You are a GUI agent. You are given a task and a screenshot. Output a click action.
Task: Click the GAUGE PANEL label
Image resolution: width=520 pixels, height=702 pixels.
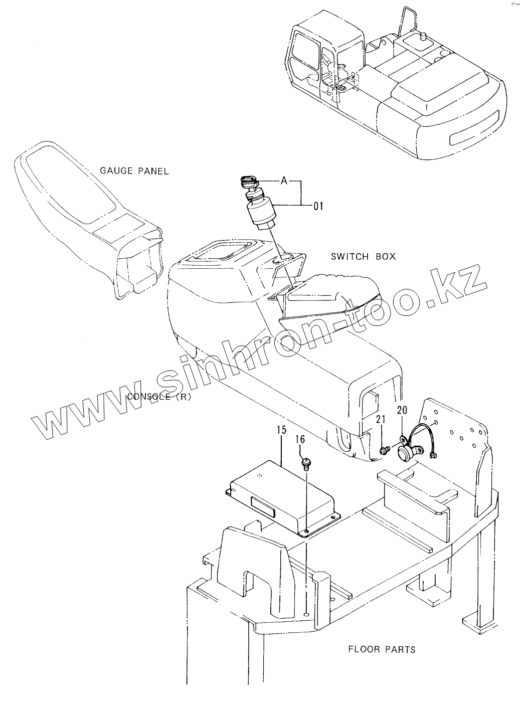coord(134,171)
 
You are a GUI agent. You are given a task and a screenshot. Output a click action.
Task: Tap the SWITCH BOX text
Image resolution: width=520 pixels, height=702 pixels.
coord(363,256)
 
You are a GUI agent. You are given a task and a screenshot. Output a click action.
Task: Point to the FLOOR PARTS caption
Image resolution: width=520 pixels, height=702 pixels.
coord(382,649)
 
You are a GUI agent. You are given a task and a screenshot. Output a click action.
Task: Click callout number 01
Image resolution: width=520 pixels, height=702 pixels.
coord(318,205)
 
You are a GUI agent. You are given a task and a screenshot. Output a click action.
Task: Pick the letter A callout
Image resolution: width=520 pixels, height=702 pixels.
coord(284,181)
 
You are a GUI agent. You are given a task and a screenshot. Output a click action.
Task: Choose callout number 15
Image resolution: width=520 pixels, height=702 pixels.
coord(281,430)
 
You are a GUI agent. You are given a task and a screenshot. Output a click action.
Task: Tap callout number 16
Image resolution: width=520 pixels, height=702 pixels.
coord(300,440)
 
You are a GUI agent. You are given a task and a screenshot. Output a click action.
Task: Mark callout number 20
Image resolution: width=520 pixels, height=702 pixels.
coord(402,410)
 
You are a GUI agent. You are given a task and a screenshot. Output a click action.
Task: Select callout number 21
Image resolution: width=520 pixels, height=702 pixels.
coord(381,420)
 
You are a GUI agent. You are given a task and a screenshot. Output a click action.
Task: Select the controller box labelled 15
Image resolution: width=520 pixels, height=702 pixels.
coord(281,496)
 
